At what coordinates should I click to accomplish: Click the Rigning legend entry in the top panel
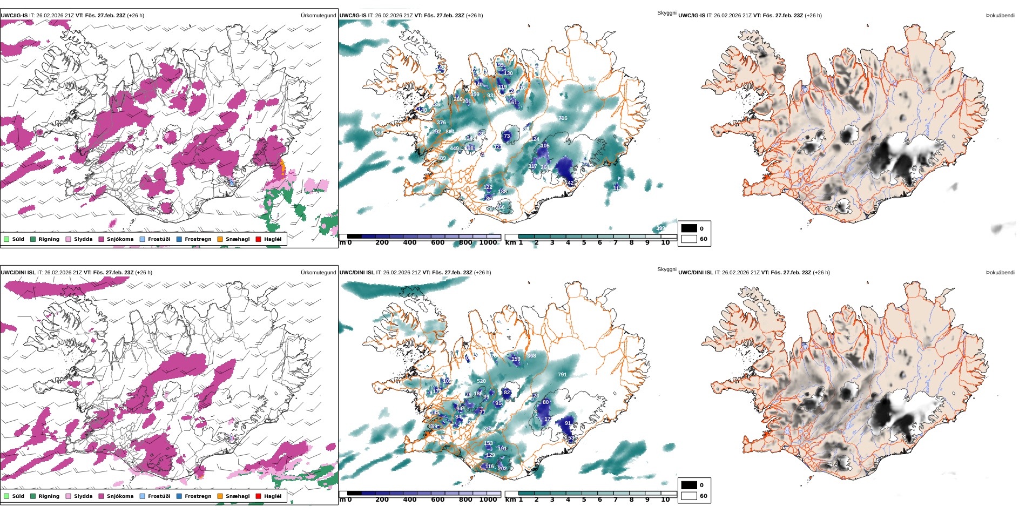click(x=49, y=239)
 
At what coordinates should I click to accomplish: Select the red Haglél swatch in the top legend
click(x=258, y=239)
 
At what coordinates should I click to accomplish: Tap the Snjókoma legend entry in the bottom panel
click(x=120, y=496)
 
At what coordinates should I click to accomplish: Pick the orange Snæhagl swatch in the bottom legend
click(x=220, y=496)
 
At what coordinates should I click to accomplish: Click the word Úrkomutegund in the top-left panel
click(x=318, y=16)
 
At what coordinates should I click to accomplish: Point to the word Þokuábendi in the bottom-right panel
click(x=1000, y=273)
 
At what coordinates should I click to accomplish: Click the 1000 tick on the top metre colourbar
click(x=488, y=243)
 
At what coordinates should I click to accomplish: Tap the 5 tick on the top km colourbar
click(x=584, y=243)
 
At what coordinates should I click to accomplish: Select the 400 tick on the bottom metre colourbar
click(x=410, y=500)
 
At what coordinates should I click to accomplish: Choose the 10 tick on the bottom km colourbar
click(x=665, y=500)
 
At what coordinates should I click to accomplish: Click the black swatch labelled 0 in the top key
click(x=689, y=228)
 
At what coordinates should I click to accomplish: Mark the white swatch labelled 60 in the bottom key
click(x=689, y=496)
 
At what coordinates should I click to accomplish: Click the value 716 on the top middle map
click(x=563, y=118)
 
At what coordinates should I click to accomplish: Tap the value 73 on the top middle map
click(x=507, y=136)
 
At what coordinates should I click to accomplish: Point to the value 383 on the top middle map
click(x=378, y=133)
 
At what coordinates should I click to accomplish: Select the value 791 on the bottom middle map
click(x=562, y=375)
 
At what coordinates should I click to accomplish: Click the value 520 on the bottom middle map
click(x=481, y=381)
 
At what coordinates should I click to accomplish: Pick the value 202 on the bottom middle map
click(x=502, y=469)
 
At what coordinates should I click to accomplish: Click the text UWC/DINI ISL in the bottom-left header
click(x=18, y=273)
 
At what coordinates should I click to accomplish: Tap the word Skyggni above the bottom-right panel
click(x=666, y=269)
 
